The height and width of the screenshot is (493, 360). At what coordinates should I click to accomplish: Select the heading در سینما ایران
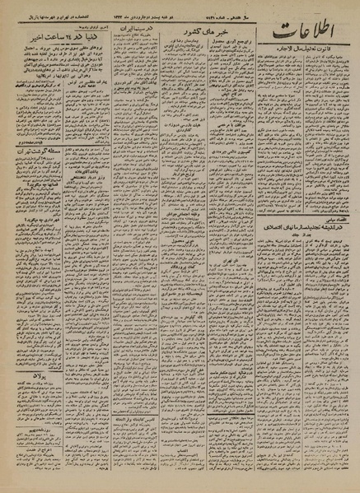tap(131, 30)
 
